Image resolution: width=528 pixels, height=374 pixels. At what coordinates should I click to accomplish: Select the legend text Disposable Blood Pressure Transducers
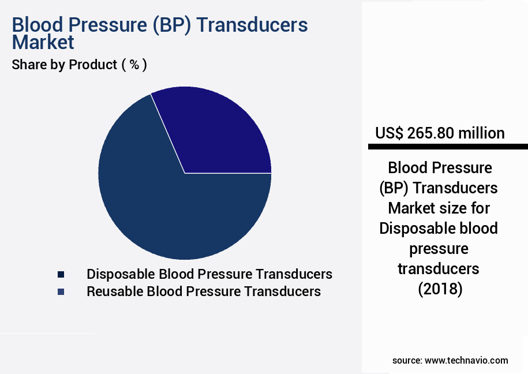click(x=209, y=274)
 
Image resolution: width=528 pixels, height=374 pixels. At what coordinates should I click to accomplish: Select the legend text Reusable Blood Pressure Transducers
click(x=203, y=291)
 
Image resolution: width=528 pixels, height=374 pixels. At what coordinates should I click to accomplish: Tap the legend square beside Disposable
click(x=61, y=274)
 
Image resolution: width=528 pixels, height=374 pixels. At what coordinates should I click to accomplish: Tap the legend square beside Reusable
click(x=61, y=292)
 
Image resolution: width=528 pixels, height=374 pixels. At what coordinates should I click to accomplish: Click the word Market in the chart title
click(x=43, y=42)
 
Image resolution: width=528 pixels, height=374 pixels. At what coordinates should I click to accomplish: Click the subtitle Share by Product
click(x=65, y=65)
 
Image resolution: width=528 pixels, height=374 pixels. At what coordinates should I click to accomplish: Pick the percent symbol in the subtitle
click(x=134, y=65)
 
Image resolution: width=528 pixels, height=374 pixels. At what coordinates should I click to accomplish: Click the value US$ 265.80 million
click(x=440, y=133)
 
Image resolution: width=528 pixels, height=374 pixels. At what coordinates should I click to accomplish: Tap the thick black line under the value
click(x=447, y=147)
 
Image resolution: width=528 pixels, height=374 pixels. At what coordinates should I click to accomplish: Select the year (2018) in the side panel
click(x=440, y=289)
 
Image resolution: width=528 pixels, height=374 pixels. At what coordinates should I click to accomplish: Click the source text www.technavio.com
click(x=466, y=360)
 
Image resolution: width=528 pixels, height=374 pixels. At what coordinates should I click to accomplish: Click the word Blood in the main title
click(x=35, y=25)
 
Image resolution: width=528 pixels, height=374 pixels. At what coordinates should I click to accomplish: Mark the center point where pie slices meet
click(x=185, y=173)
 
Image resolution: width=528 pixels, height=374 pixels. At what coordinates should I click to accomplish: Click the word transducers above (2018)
click(x=439, y=269)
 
